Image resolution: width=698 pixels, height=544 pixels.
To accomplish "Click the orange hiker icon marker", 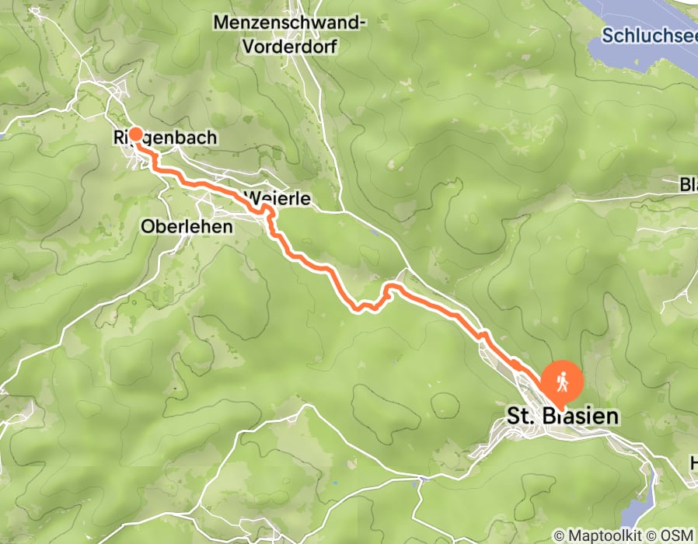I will pos(560,382).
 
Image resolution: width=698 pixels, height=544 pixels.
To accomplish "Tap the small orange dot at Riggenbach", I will pos(135,134).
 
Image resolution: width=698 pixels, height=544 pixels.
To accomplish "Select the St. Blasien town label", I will pos(563,417).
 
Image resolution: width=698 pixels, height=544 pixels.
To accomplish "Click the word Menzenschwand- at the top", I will pos(291,23).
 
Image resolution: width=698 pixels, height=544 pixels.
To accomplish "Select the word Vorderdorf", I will pos(291,46).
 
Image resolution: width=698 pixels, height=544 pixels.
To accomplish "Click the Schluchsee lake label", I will pos(650,36).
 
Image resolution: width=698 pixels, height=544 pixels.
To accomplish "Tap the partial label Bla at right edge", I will pos(688,185).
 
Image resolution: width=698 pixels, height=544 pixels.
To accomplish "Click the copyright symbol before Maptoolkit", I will pos(559,535).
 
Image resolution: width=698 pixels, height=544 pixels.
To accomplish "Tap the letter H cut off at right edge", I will pos(693,463).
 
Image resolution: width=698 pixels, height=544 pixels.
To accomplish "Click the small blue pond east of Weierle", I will pos(375,231).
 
